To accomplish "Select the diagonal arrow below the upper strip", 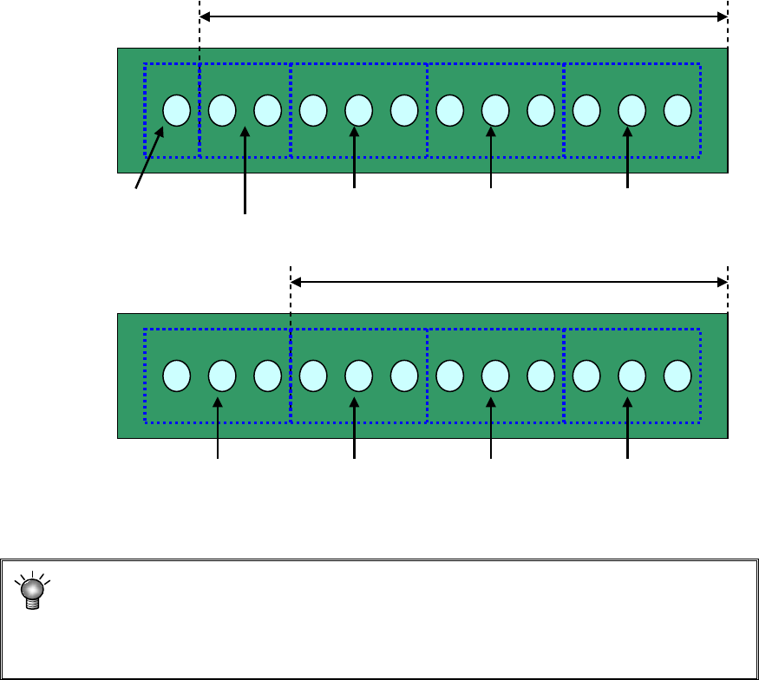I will tap(149, 157).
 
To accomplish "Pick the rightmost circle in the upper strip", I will tap(677, 110).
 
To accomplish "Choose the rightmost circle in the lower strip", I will tap(677, 376).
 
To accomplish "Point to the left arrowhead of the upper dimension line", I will tap(206, 16).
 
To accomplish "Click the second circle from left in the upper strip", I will tap(222, 110).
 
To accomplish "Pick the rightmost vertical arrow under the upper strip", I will tap(628, 157).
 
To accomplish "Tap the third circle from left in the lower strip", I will tap(267, 376).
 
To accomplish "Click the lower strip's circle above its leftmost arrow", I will tap(222, 376).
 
